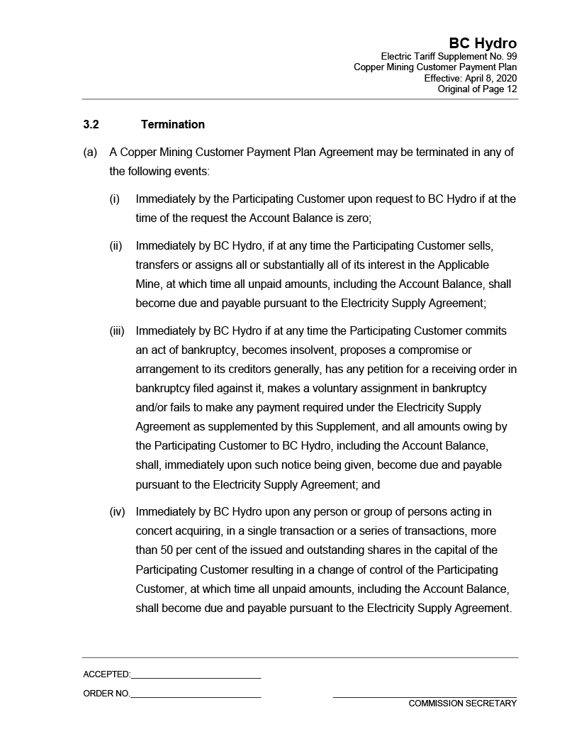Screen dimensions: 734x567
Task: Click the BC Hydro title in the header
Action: point(482,44)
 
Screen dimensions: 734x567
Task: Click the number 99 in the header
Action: point(510,56)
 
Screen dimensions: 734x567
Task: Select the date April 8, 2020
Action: point(491,78)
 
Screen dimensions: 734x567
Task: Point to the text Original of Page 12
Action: point(477,89)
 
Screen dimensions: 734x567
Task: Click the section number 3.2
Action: point(91,125)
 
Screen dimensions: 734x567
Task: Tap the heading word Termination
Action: point(173,125)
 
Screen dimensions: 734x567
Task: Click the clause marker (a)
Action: point(90,152)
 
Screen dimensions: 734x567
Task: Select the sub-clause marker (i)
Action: point(115,199)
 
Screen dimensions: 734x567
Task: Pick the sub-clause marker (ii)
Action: point(116,246)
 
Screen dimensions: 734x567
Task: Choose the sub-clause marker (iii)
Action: point(117,331)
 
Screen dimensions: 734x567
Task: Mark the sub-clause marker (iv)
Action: point(117,512)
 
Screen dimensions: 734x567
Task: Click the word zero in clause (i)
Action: point(357,218)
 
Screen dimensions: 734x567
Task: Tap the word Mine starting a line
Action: point(148,284)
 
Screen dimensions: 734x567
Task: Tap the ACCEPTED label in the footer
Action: point(106,674)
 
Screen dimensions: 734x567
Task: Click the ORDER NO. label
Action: point(106,694)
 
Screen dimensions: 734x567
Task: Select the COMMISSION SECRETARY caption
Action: point(462,704)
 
